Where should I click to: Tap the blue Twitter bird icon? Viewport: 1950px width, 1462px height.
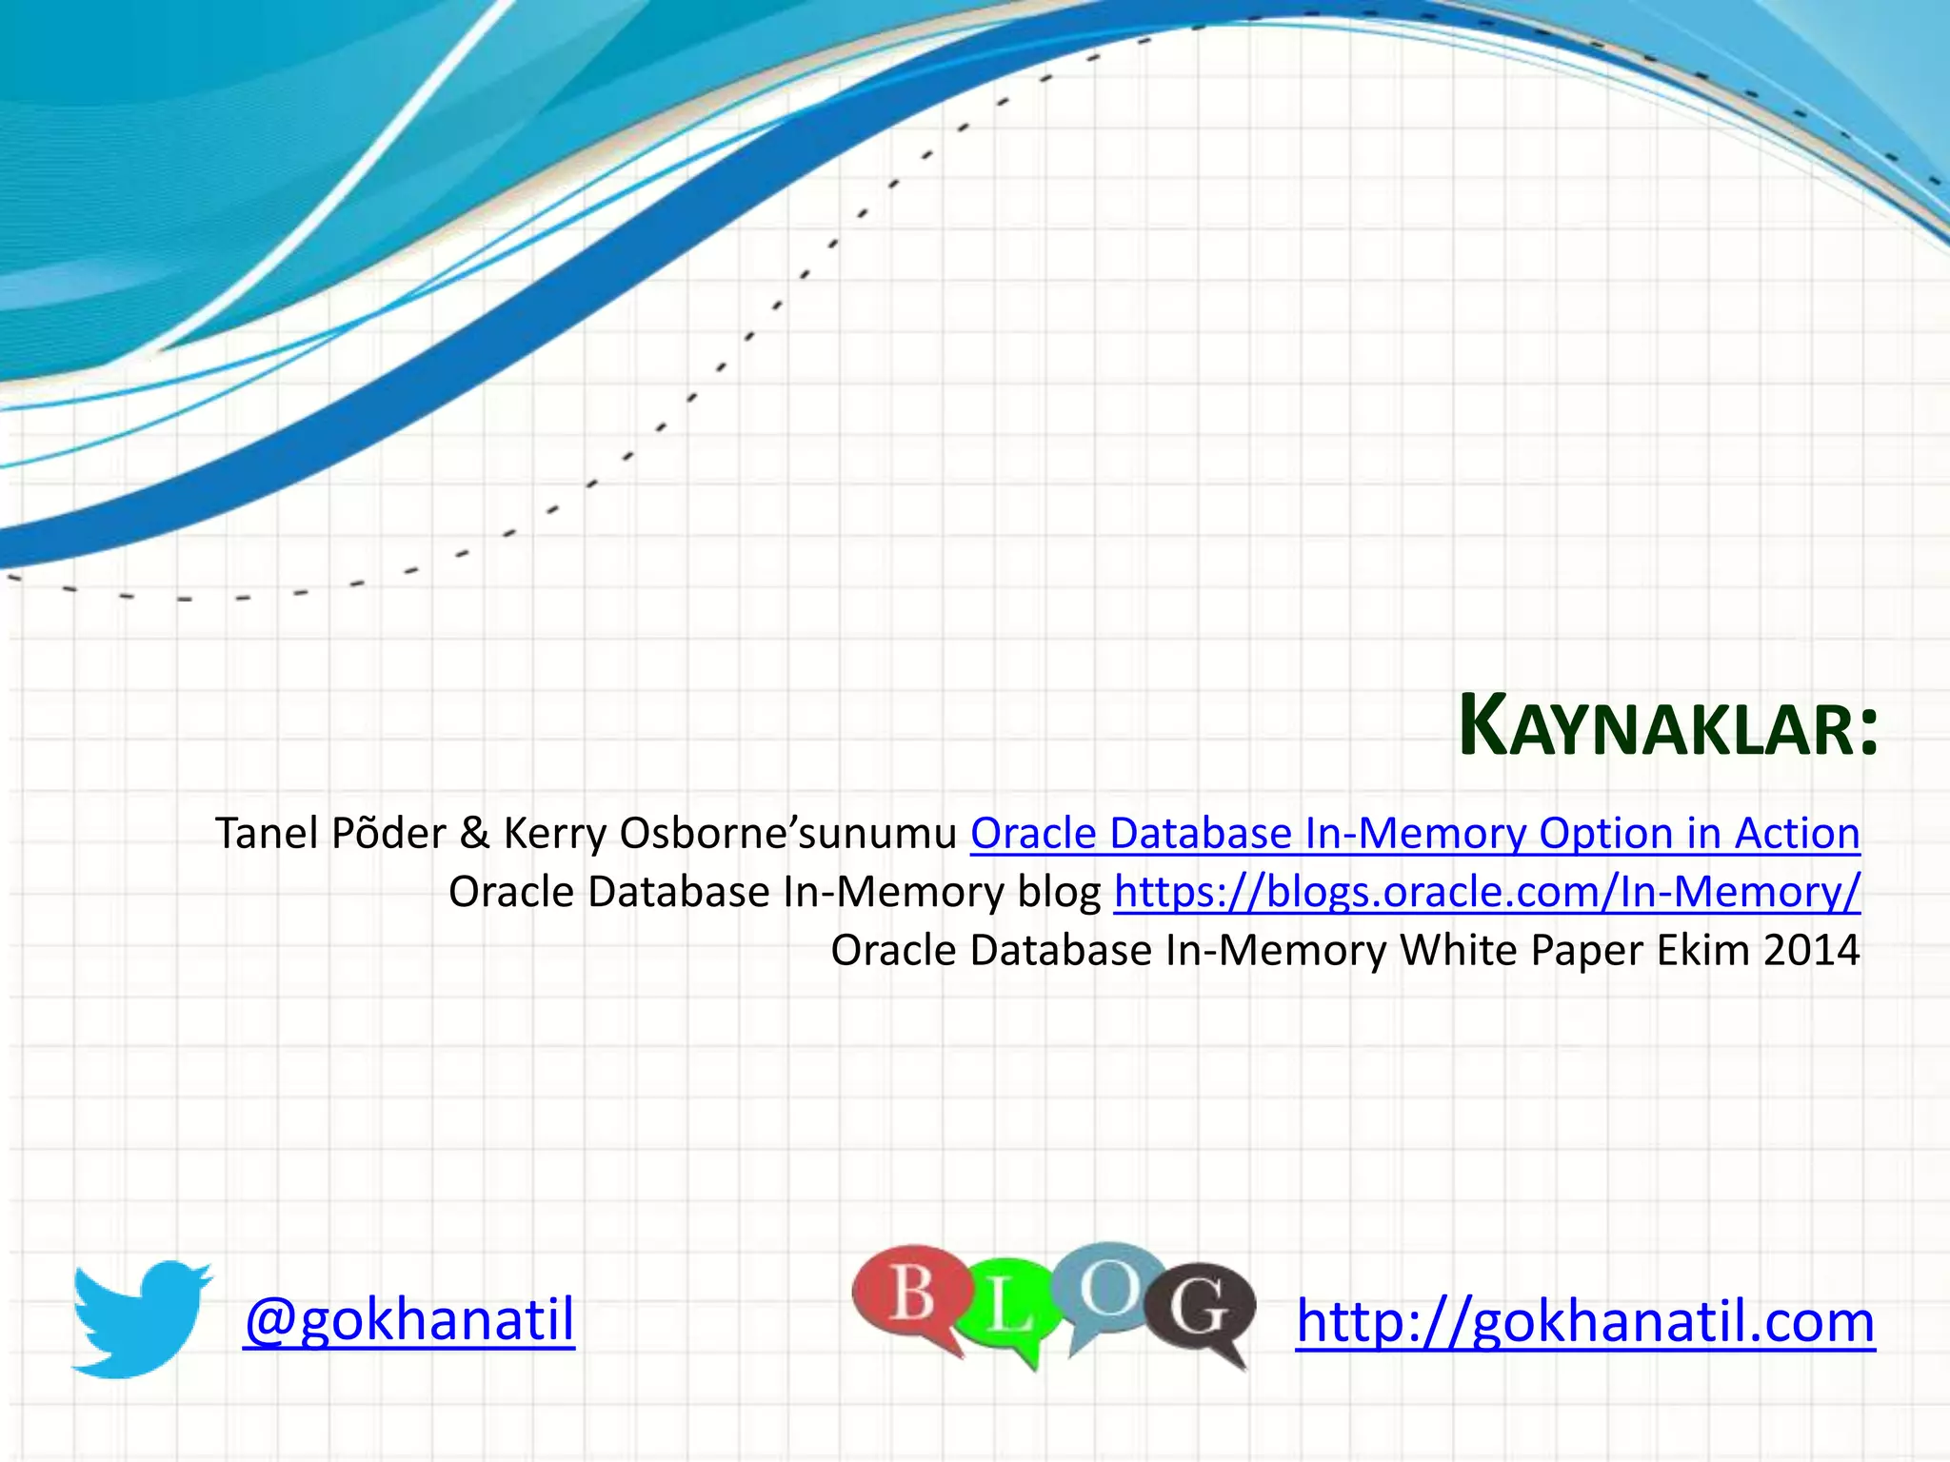141,1319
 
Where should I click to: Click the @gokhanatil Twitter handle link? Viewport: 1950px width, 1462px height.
409,1320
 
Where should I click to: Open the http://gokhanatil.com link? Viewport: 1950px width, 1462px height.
1585,1322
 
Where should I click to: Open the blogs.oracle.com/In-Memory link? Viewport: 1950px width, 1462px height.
1486,893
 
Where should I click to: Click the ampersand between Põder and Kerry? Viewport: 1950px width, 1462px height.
474,834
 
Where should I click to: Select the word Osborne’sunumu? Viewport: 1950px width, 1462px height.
788,834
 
